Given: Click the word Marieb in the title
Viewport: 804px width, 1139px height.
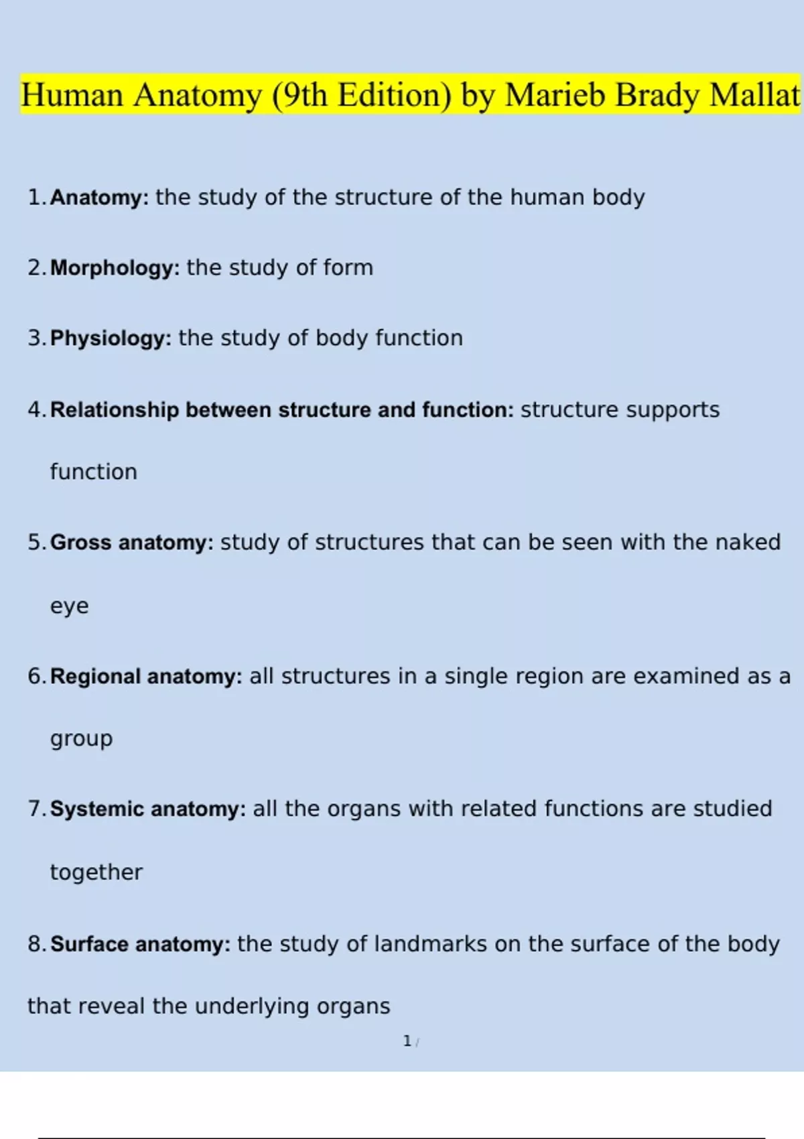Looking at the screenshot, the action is [555, 95].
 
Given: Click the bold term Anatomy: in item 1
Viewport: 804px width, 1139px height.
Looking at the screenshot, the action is [100, 198].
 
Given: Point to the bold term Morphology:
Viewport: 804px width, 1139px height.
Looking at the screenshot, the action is [115, 268].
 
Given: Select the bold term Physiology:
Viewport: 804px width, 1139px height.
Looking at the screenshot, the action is [111, 338].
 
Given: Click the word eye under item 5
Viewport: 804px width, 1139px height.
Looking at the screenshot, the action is [70, 606].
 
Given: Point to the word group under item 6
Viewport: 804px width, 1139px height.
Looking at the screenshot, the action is [81, 740].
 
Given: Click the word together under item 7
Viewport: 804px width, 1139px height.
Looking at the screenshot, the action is [96, 872].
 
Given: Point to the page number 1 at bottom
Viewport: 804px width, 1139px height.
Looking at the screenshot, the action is [407, 1041].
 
